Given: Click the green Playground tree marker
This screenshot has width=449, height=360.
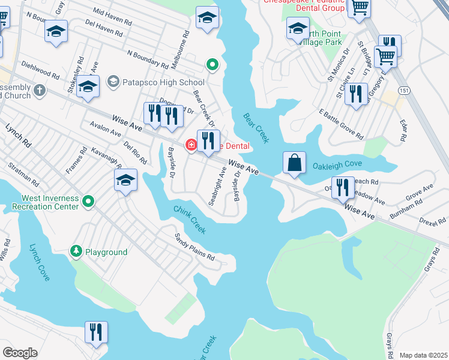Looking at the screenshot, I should (76, 251).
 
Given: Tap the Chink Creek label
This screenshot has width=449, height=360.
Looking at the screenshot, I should (190, 220).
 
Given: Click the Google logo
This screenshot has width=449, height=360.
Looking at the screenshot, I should (20, 353).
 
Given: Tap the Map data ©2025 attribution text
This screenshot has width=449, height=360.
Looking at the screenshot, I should (423, 355).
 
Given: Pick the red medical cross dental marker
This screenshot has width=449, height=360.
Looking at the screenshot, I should (191, 145).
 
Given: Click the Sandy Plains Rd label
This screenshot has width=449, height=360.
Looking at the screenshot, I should (194, 247).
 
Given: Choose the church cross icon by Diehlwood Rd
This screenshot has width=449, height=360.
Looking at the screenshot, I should (40, 91).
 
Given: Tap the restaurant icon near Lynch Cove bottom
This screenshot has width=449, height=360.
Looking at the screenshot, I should (96, 332).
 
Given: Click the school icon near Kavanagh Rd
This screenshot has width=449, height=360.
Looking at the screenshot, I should (125, 181).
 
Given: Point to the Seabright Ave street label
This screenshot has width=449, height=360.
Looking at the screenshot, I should (217, 186).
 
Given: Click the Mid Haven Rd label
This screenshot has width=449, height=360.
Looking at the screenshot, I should (112, 16).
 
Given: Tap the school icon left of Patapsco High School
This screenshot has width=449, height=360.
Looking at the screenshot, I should (88, 88).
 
